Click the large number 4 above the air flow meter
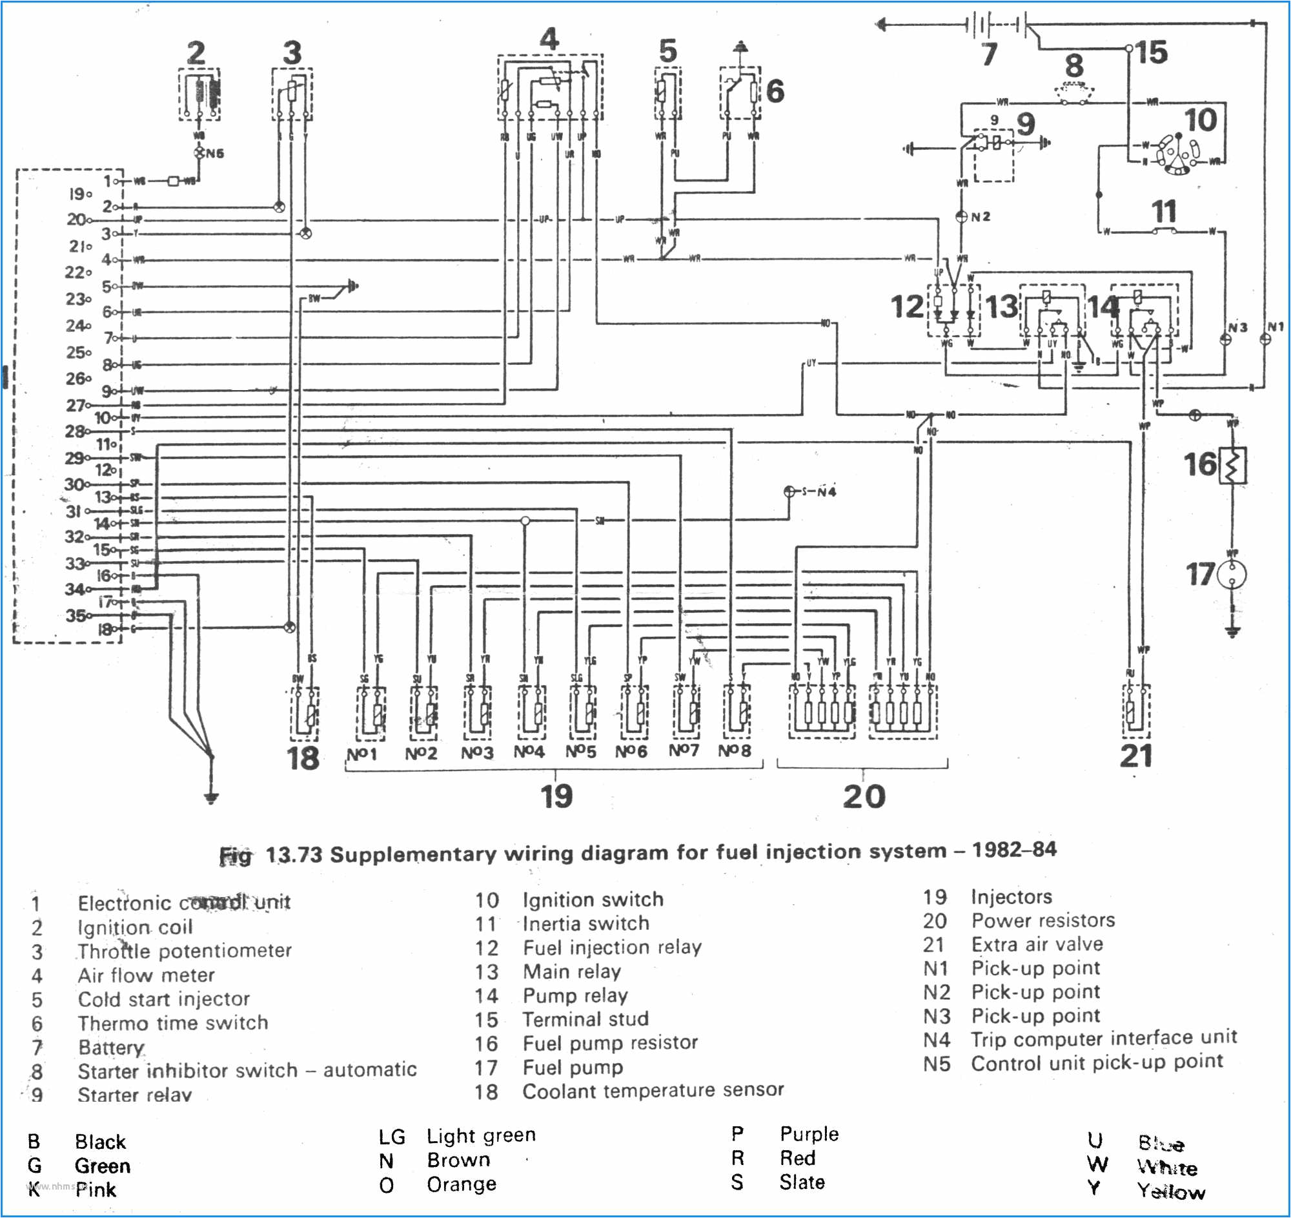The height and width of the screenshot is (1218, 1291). click(549, 39)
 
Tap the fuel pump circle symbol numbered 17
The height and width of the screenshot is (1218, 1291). click(1232, 574)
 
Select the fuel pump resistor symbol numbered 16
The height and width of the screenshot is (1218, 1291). click(1233, 465)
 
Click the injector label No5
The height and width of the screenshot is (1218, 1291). click(580, 752)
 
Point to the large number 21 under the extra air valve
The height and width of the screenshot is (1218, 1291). click(1136, 756)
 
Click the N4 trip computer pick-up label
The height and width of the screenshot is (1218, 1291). click(826, 491)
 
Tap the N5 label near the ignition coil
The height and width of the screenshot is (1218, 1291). click(215, 153)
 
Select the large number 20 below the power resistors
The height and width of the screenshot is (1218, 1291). click(864, 796)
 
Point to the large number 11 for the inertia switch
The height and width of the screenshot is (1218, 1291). click(1164, 212)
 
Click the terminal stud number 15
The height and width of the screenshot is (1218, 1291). click(1152, 52)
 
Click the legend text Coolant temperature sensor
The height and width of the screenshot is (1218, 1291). click(653, 1091)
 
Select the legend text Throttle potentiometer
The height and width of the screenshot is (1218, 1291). click(185, 951)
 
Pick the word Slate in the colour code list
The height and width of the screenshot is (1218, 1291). click(802, 1182)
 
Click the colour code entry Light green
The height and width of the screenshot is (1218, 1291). click(480, 1135)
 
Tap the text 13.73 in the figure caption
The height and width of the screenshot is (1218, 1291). click(294, 854)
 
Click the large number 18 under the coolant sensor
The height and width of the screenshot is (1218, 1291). click(303, 758)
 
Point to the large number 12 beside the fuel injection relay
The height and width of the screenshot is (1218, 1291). click(907, 307)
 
